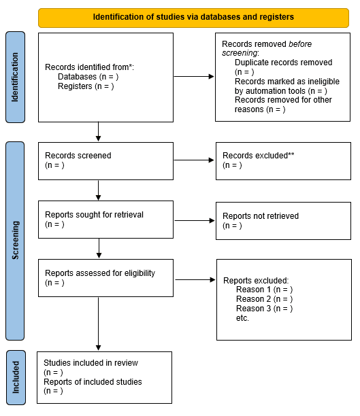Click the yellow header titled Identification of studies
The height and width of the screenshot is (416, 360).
pyautogui.click(x=194, y=16)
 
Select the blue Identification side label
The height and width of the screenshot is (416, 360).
pyautogui.click(x=15, y=76)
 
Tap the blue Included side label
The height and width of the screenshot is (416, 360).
pyautogui.click(x=15, y=377)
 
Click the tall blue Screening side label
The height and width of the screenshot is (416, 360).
pyautogui.click(x=15, y=241)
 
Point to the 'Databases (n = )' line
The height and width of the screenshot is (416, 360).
pyautogui.click(x=88, y=77)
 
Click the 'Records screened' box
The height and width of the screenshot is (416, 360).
pyautogui.click(x=105, y=160)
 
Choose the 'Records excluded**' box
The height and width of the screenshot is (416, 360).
pyautogui.click(x=283, y=160)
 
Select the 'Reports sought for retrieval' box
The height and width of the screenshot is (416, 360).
pyautogui.click(x=105, y=220)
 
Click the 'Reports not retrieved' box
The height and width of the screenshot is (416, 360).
pyautogui.click(x=283, y=220)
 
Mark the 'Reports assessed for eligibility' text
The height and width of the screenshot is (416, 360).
pyautogui.click(x=100, y=273)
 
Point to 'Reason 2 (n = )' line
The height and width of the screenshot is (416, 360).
pyautogui.click(x=264, y=299)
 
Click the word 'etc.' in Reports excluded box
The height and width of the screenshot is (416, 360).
pyautogui.click(x=242, y=317)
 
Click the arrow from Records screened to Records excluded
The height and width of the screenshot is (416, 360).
pyautogui.click(x=194, y=160)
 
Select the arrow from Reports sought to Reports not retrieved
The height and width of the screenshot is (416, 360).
pyautogui.click(x=194, y=220)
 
